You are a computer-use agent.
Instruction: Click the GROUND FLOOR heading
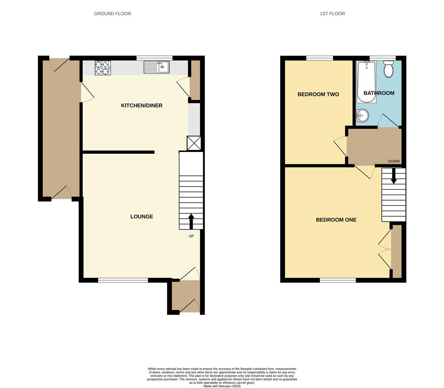pyautogui.click(x=112, y=14)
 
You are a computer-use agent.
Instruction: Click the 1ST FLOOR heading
pyautogui.click(x=332, y=14)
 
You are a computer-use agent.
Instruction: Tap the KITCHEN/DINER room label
pyautogui.click(x=141, y=106)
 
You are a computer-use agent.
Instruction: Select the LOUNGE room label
pyautogui.click(x=141, y=217)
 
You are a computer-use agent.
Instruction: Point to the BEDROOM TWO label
pyautogui.click(x=318, y=94)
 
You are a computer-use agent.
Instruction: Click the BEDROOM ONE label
pyautogui.click(x=336, y=220)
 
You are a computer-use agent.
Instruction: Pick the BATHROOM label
pyautogui.click(x=379, y=93)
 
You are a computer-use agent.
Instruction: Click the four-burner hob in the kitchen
pyautogui.click(x=103, y=68)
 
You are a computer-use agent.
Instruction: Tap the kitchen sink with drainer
pyautogui.click(x=156, y=67)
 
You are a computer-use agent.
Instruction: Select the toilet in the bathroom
pyautogui.click(x=388, y=69)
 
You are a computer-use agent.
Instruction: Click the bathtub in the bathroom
pyautogui.click(x=366, y=82)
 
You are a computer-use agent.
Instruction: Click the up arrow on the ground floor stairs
pyautogui.click(x=191, y=221)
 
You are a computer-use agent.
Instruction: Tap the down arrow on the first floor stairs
pyautogui.click(x=394, y=176)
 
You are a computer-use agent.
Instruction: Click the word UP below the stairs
pyautogui.click(x=191, y=236)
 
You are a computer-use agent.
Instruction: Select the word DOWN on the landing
pyautogui.click(x=393, y=161)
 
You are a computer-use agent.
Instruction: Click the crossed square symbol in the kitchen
pyautogui.click(x=194, y=143)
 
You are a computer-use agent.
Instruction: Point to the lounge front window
pyautogui.click(x=123, y=280)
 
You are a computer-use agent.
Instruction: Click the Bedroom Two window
pyautogui.click(x=319, y=58)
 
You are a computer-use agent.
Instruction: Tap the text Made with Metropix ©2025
pyautogui.click(x=222, y=386)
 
